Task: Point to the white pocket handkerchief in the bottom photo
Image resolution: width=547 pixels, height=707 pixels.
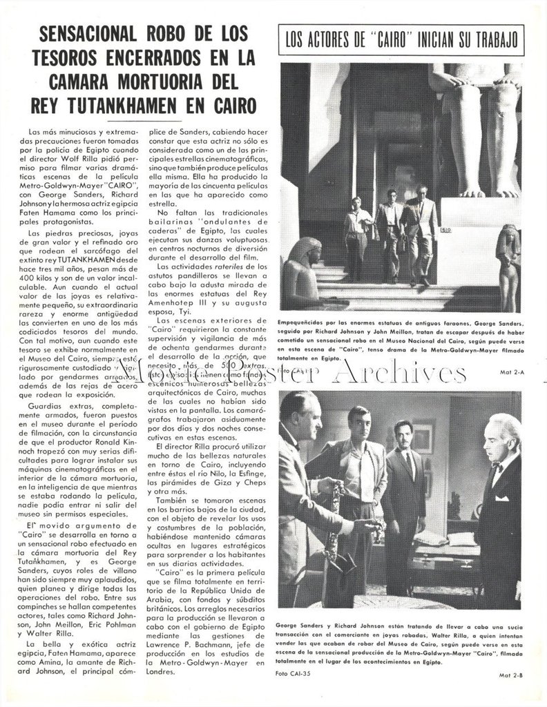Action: [x=501, y=498]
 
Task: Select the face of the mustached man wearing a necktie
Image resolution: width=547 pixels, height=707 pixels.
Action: [x=403, y=436]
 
